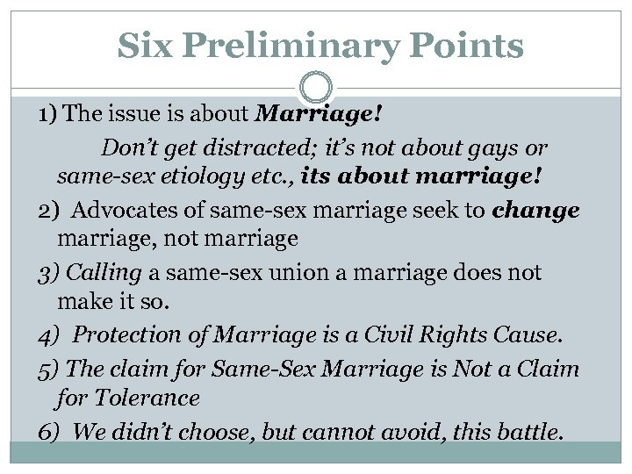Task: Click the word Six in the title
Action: point(143,45)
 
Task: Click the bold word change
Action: point(536,209)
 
